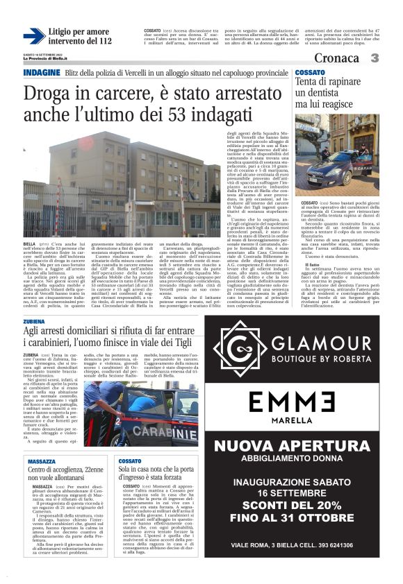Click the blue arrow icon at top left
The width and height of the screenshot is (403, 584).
pos(33,36)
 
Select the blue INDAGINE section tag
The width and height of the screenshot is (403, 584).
pos(42,73)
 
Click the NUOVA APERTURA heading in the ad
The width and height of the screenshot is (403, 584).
pos(293,461)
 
